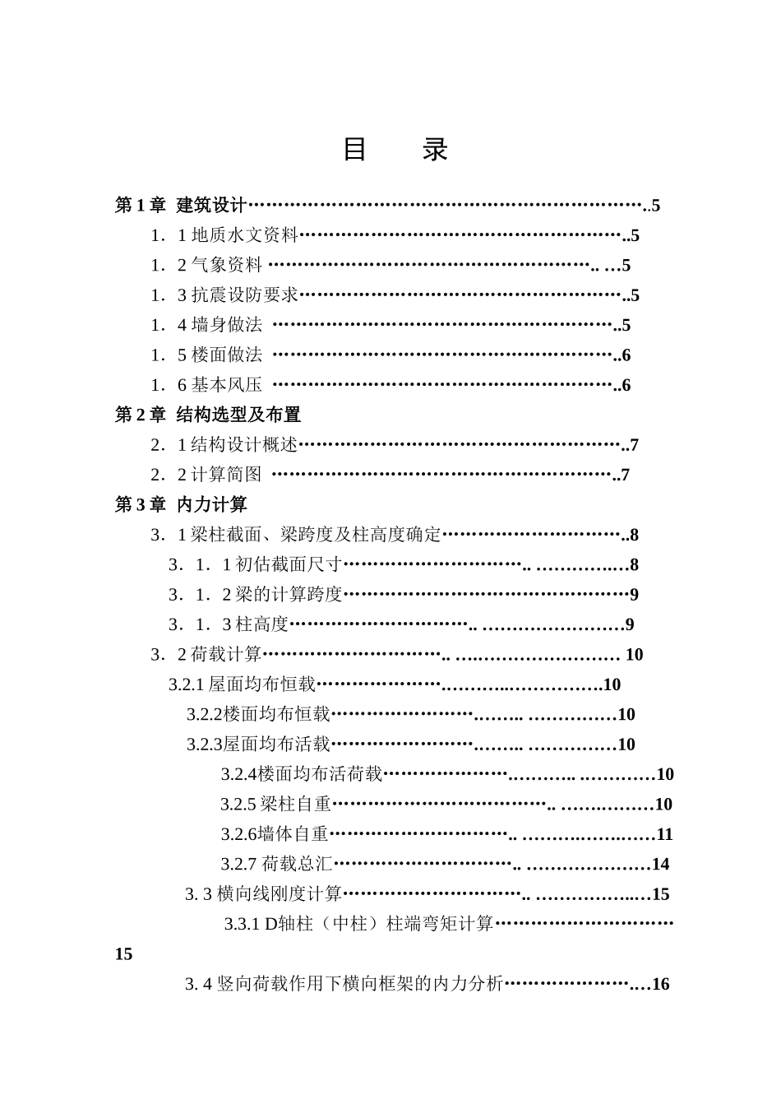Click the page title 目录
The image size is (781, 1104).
point(395,150)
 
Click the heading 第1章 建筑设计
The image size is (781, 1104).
point(181,205)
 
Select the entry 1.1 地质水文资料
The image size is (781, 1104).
point(224,235)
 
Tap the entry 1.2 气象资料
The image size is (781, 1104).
point(206,265)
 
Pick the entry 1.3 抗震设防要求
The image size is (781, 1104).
point(224,295)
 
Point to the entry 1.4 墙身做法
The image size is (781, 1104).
point(206,325)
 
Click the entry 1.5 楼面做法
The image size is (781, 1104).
point(206,355)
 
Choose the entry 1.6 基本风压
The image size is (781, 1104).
point(206,384)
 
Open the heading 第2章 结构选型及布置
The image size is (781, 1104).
point(208,415)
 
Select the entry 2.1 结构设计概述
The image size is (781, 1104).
point(224,445)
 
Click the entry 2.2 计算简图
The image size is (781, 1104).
point(206,475)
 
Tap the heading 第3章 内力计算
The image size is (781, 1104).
point(181,504)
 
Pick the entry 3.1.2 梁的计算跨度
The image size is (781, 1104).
point(256,594)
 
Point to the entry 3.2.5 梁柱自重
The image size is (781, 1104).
point(276,804)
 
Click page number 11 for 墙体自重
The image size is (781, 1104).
point(664,834)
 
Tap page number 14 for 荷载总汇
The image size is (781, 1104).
point(660,864)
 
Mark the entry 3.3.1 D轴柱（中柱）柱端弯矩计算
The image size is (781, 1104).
point(358,924)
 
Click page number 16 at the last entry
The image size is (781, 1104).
point(660,984)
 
